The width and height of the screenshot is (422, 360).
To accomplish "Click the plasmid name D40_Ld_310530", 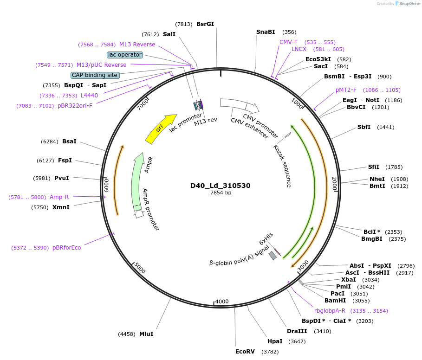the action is pyautogui.click(x=221, y=186).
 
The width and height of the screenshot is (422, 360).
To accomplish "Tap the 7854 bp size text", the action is pyautogui.click(x=221, y=193).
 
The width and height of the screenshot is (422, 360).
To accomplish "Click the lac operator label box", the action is pyautogui.click(x=125, y=55).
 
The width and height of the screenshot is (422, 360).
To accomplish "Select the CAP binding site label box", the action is pyautogui.click(x=95, y=75).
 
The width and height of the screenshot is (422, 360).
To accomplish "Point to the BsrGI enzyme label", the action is pyautogui.click(x=205, y=24).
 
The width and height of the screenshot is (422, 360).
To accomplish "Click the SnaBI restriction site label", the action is pyautogui.click(x=266, y=32).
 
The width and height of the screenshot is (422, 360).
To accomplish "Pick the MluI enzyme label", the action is pyautogui.click(x=146, y=334).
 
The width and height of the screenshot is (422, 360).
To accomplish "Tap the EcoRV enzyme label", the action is pyautogui.click(x=245, y=352).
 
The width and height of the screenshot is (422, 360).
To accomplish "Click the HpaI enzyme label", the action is pyautogui.click(x=275, y=341).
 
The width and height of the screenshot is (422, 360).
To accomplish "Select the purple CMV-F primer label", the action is pyautogui.click(x=288, y=42).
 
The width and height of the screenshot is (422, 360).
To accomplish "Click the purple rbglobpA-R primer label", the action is pyautogui.click(x=330, y=311).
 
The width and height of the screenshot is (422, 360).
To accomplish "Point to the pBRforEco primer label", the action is pyautogui.click(x=67, y=248).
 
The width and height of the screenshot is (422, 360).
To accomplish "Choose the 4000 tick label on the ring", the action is pyautogui.click(x=222, y=302).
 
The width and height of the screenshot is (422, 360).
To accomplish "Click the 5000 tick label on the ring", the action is pyautogui.click(x=140, y=268).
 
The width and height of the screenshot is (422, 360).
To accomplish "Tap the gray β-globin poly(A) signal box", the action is pyautogui.click(x=273, y=256).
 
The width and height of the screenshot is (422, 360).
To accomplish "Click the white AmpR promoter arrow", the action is pyautogui.click(x=139, y=214).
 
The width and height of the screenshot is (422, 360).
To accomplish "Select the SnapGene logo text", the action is pyautogui.click(x=409, y=4).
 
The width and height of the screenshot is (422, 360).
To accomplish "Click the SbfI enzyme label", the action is pyautogui.click(x=364, y=127).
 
